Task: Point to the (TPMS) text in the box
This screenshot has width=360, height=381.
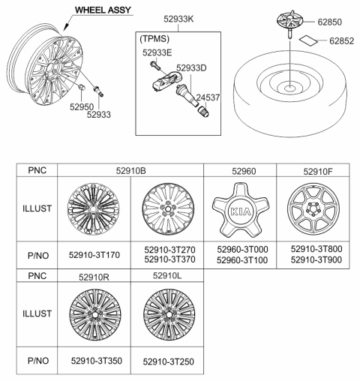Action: (x=155, y=35)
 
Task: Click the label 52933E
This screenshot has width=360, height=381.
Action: (x=158, y=52)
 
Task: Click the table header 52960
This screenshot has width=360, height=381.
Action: (x=239, y=171)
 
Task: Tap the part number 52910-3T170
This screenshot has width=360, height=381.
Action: (x=94, y=255)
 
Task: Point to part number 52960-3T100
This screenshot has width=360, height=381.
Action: (x=239, y=259)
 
